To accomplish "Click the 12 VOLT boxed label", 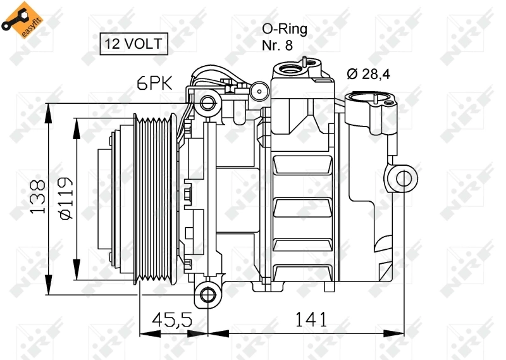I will point(134,44).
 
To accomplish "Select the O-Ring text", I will point(285,29).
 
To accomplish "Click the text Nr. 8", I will point(278,46).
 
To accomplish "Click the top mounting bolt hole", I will point(206,102).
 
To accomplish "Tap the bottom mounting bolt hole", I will point(206,294).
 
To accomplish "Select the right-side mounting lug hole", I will point(403,178).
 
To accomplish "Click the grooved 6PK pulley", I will point(155,198).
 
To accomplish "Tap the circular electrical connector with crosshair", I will point(259,92).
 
